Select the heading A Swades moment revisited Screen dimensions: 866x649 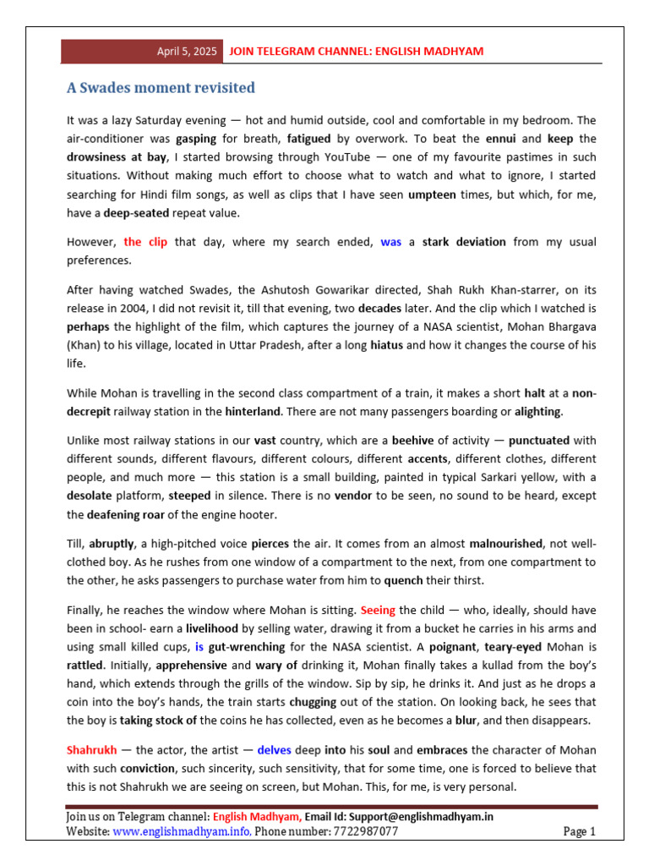tap(161, 88)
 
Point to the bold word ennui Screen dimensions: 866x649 tap(499, 138)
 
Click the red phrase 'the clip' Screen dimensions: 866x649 tap(145, 242)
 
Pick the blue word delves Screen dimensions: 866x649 tap(274, 750)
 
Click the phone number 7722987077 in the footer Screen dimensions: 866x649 tap(361, 831)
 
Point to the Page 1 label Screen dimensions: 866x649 tap(579, 831)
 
